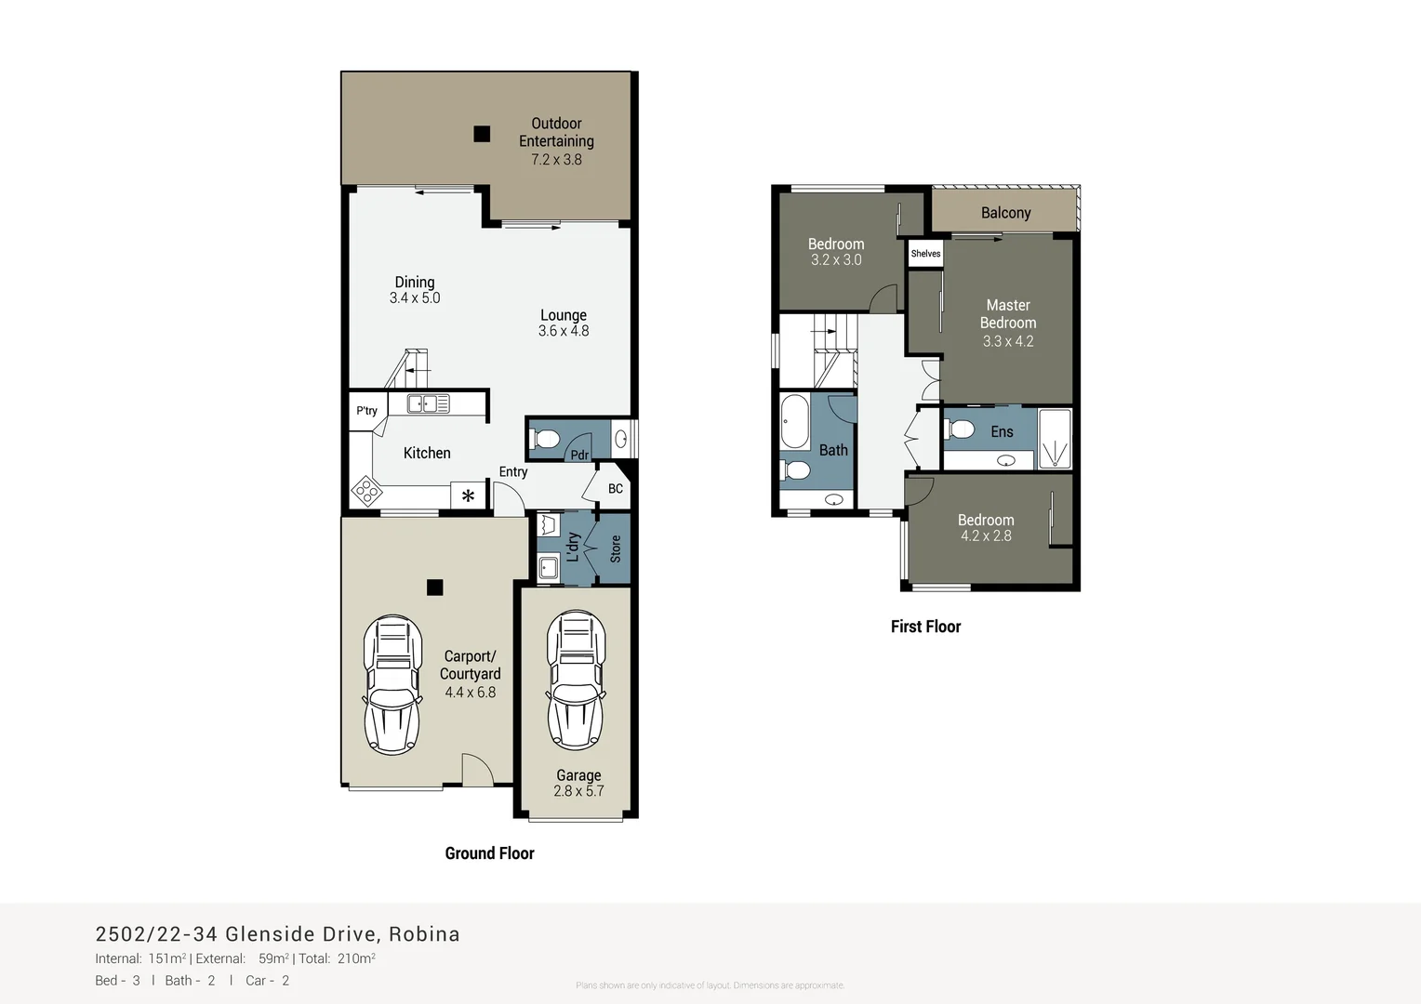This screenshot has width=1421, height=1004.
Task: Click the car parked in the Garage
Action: pyautogui.click(x=578, y=682)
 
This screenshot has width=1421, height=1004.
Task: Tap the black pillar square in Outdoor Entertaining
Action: pyautogui.click(x=482, y=134)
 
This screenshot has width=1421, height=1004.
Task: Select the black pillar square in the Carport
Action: pyautogui.click(x=434, y=588)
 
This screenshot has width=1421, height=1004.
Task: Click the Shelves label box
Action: pyautogui.click(x=925, y=254)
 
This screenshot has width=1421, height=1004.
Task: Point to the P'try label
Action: pyautogui.click(x=366, y=411)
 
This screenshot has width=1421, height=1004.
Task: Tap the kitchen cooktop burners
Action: pyautogui.click(x=366, y=490)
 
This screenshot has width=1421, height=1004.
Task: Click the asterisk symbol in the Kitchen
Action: pyautogui.click(x=468, y=496)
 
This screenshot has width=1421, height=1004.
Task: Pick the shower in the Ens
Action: pyautogui.click(x=1055, y=439)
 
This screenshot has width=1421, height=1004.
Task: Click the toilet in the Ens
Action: pyautogui.click(x=960, y=429)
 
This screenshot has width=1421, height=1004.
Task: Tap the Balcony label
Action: pyautogui.click(x=1005, y=213)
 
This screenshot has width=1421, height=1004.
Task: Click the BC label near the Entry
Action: pyautogui.click(x=616, y=489)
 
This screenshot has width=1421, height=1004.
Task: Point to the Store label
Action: pyautogui.click(x=615, y=548)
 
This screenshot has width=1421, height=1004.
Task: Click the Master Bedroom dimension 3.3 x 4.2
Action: pyautogui.click(x=1008, y=341)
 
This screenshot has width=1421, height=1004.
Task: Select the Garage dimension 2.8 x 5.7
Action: pyautogui.click(x=578, y=791)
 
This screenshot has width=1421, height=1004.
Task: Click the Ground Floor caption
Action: pyautogui.click(x=489, y=853)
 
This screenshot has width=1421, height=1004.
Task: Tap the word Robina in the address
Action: pyautogui.click(x=424, y=934)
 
